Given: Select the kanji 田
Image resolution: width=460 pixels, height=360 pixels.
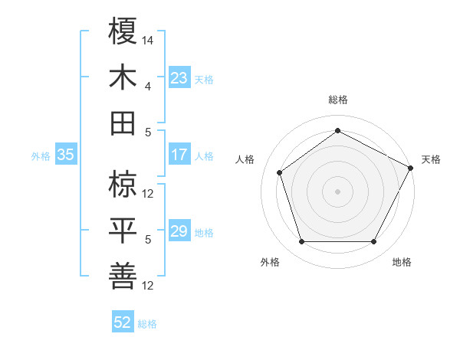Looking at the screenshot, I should point(123,123).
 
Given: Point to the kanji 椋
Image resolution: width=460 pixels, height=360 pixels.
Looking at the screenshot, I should point(123,185).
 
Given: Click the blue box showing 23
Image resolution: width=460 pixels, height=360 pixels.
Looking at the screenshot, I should point(179,77).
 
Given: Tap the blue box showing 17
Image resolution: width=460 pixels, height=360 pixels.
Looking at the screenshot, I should point(179,155).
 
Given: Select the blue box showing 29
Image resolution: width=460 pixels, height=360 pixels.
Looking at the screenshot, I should point(179,231).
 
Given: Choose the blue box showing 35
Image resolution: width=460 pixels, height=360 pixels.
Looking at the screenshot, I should point(65,155).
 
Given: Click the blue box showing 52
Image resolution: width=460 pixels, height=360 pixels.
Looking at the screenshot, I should point(122,322).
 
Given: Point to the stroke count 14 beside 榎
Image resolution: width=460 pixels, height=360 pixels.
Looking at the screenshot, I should point(149,40).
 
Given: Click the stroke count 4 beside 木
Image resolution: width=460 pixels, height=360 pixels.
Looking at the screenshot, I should point(149,86).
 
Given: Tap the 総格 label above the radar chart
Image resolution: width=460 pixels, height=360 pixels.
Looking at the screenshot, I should point(337,100).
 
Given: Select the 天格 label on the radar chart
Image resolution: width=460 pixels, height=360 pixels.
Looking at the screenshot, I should point(431,159).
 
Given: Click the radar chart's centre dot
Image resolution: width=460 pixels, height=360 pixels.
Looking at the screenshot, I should point(337,191).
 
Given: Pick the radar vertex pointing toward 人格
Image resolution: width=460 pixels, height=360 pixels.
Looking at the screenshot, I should point(280,172).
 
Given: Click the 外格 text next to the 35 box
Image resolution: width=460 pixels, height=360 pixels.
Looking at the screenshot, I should point(41,155).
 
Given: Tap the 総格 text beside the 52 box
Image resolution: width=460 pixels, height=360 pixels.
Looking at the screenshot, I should point(147,323).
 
